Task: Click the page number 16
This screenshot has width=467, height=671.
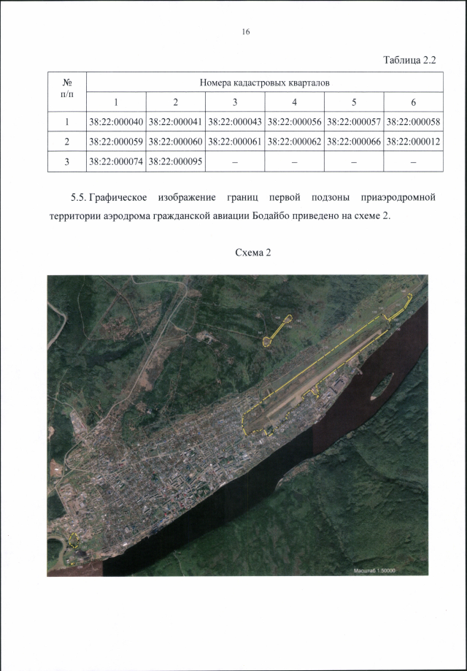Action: [x=245, y=32]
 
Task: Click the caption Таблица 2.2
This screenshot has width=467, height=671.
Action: [x=409, y=60]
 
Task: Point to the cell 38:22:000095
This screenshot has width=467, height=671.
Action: [x=176, y=161]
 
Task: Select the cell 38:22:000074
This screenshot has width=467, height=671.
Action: [x=116, y=161]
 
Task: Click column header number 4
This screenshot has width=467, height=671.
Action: [x=294, y=101]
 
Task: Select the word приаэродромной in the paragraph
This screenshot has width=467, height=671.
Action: [x=398, y=198]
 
